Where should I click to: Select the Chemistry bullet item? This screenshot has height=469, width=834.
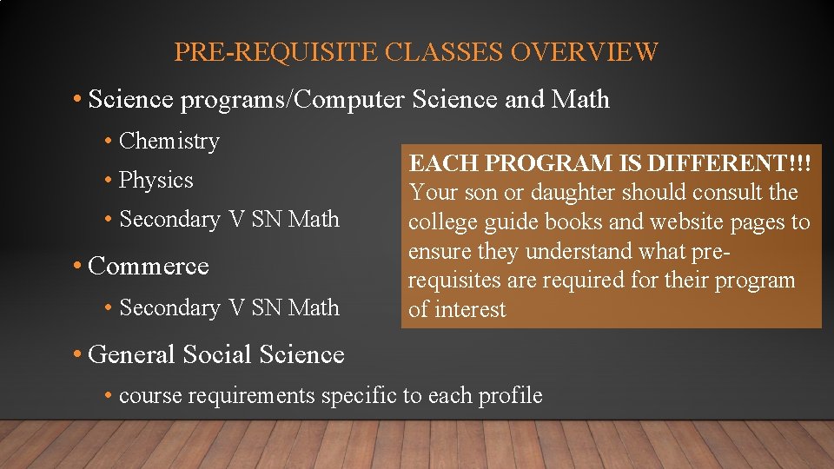(x=169, y=141)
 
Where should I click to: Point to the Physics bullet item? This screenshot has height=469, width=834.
(x=156, y=180)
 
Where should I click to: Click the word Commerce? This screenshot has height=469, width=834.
(x=149, y=266)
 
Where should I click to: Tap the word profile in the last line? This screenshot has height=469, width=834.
(x=510, y=396)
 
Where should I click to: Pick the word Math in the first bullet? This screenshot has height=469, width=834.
(x=580, y=100)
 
